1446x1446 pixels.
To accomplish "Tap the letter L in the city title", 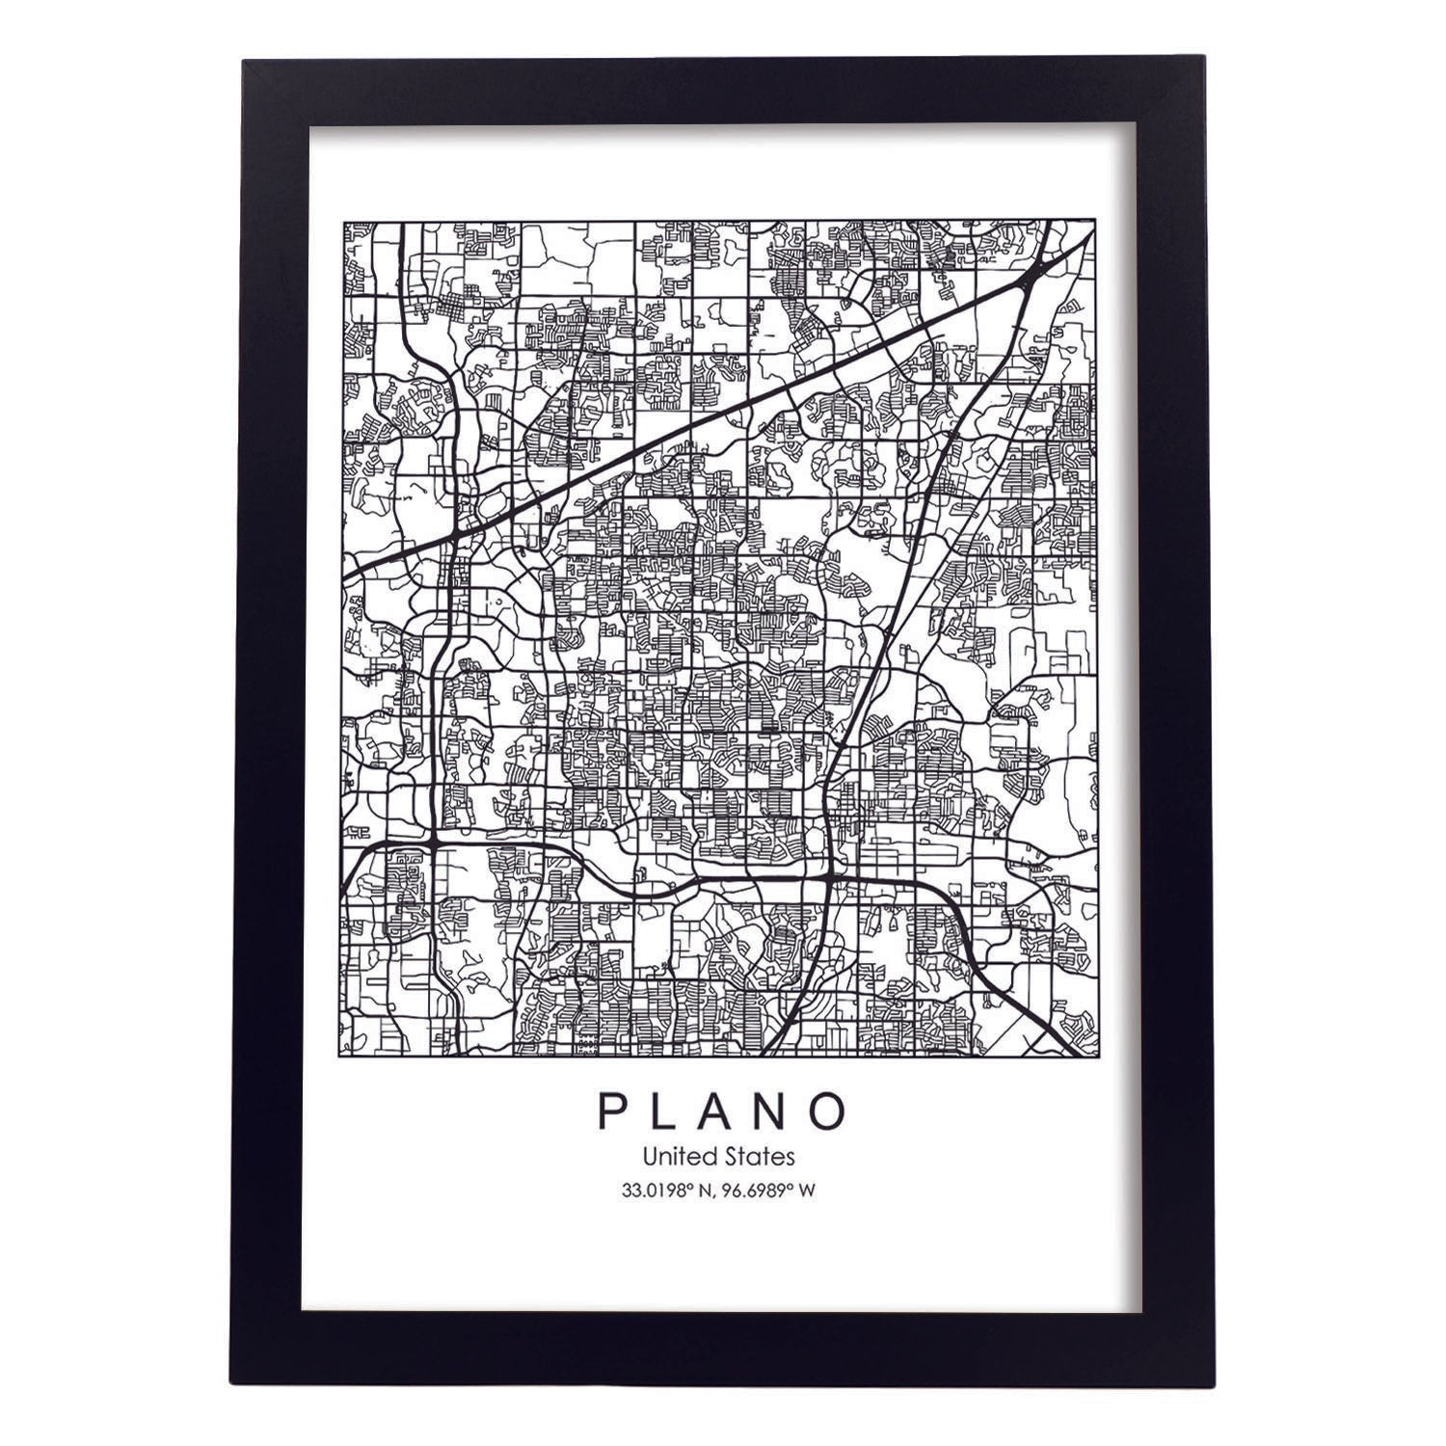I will [667, 1111].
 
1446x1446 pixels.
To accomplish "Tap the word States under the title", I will [761, 1155].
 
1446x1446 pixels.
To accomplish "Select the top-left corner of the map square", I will [345, 222].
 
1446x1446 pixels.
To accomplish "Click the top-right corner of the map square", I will [1095, 222].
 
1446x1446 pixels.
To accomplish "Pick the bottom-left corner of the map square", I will [345, 1056].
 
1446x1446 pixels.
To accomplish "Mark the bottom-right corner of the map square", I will [1095, 1056].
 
